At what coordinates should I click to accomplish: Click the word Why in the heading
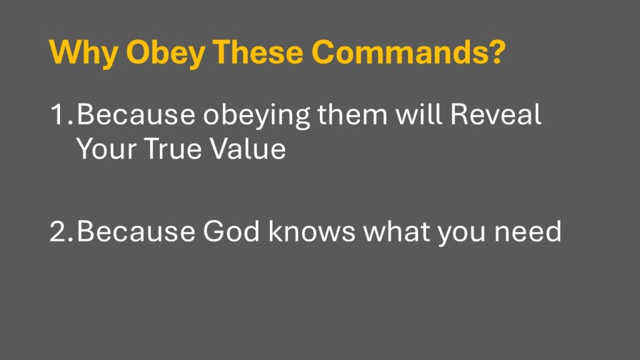(x=84, y=52)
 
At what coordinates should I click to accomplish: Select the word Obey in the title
(x=166, y=52)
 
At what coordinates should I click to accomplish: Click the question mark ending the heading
(x=496, y=52)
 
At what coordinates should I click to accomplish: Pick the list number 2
(x=62, y=231)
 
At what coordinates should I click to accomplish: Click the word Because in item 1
(x=136, y=114)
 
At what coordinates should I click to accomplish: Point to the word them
(x=352, y=114)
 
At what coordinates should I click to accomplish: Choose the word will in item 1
(x=419, y=114)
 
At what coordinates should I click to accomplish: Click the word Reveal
(x=496, y=114)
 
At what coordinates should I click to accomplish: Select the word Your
(x=106, y=148)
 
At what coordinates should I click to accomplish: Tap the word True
(x=173, y=148)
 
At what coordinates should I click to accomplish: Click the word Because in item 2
(x=136, y=231)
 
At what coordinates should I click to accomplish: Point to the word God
(x=231, y=231)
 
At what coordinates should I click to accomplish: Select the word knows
(x=312, y=231)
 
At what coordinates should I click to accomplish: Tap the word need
(x=527, y=231)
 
